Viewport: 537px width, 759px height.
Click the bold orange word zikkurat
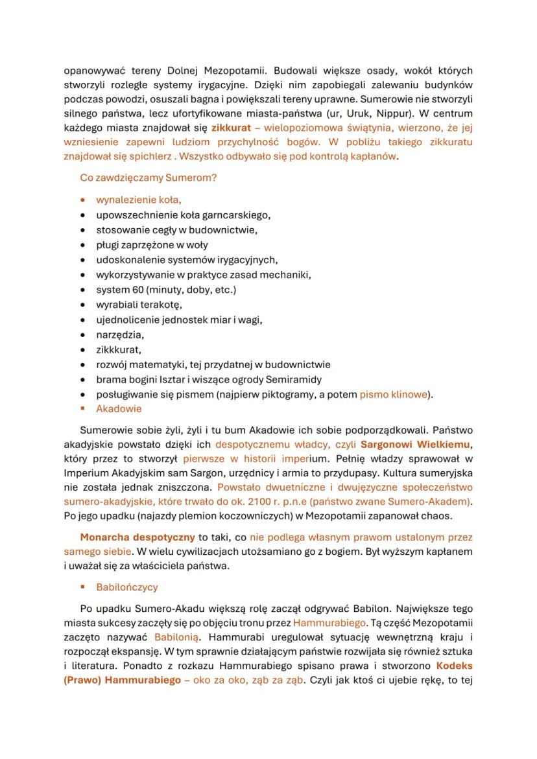pyautogui.click(x=232, y=128)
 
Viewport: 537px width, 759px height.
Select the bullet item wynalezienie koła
pyautogui.click(x=138, y=200)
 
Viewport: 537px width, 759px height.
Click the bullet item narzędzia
pyautogui.click(x=120, y=334)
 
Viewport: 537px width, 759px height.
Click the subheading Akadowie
pyautogui.click(x=119, y=409)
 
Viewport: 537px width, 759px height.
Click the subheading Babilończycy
pyautogui.click(x=126, y=587)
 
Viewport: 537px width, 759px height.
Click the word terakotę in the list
pyautogui.click(x=163, y=304)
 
